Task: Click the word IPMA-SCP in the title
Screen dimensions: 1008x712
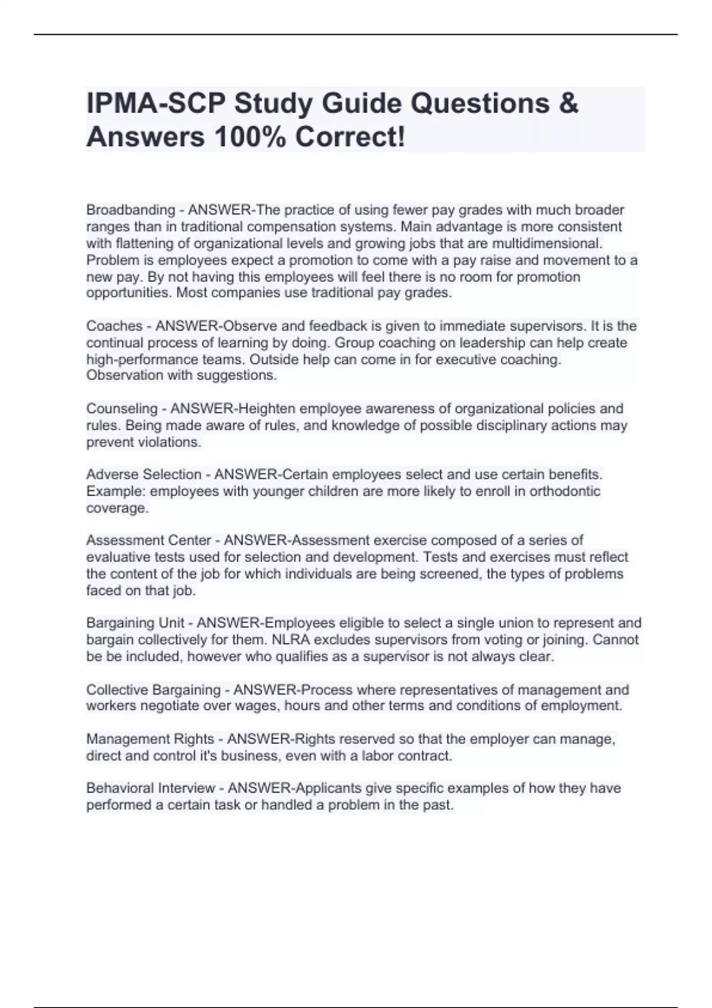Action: point(155,103)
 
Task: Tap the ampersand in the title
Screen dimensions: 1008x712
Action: point(568,103)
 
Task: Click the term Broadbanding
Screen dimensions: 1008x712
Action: point(131,210)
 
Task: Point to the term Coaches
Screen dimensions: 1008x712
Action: point(115,326)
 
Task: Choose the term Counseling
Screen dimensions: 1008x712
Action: point(122,409)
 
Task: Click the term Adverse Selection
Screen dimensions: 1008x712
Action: point(144,474)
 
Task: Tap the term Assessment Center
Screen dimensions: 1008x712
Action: point(148,540)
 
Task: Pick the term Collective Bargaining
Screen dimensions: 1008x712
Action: point(153,690)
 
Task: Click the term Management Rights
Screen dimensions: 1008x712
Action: point(150,739)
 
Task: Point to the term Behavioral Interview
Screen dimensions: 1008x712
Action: point(150,788)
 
